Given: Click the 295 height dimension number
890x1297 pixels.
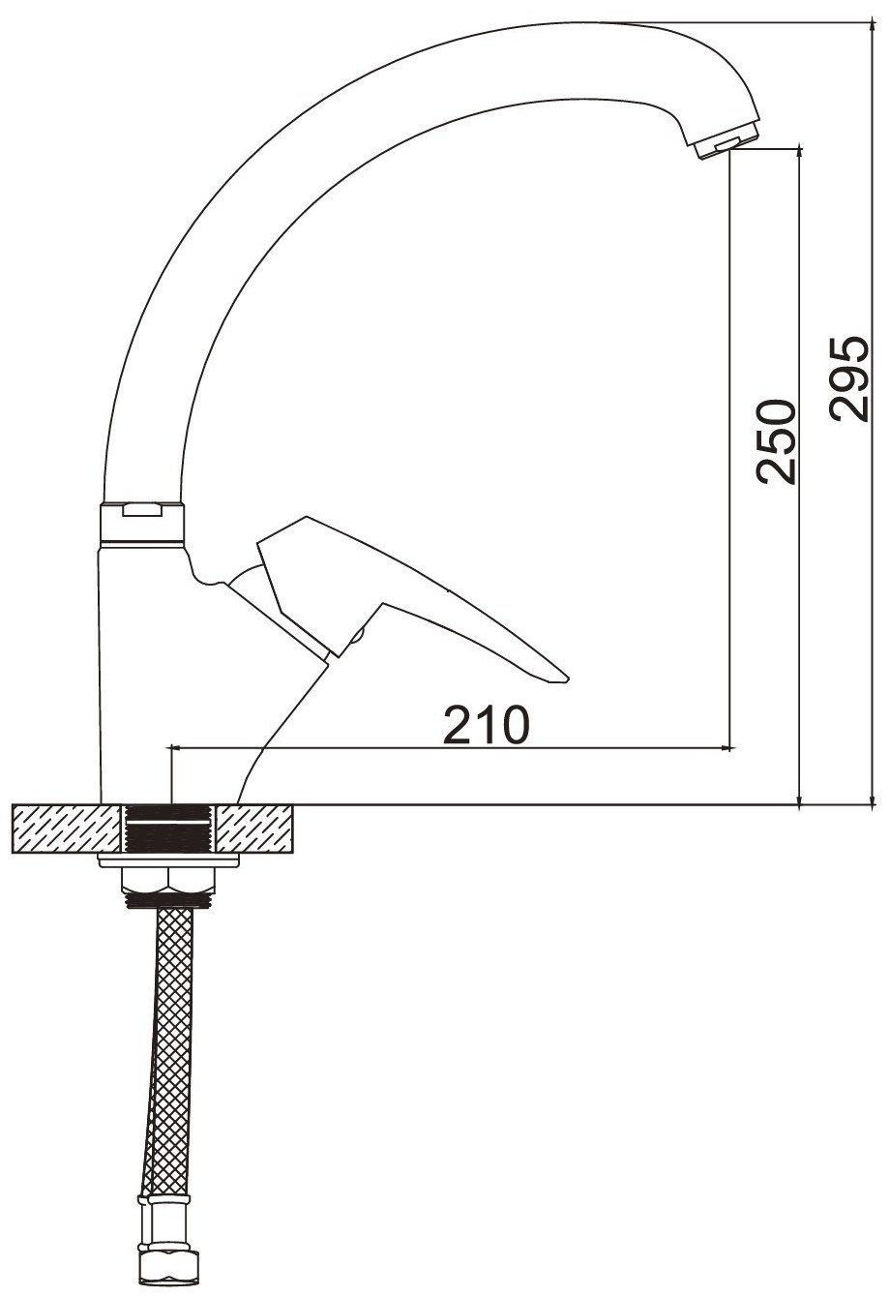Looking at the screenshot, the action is pos(848,378).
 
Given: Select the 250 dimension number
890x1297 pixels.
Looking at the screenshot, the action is pos(775,440).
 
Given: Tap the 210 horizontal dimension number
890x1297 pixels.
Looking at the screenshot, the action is pos(486,724).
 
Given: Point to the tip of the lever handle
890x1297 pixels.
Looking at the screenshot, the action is pos(568,679).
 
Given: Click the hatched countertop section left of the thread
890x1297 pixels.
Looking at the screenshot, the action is pos(67,829).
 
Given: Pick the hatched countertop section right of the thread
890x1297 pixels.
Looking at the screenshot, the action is pos(253,829).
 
